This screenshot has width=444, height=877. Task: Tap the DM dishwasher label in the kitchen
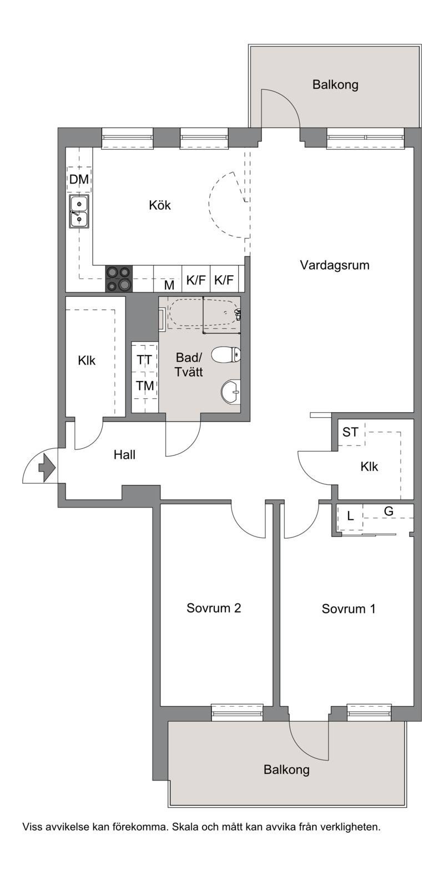[79, 180]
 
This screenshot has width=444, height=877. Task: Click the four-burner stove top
[119, 279]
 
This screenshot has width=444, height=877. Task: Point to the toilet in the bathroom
[226, 354]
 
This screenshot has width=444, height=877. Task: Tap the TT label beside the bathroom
[144, 359]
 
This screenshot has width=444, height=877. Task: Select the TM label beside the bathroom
[145, 386]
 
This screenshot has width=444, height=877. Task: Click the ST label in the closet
[350, 432]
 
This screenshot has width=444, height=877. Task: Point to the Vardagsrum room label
[335, 265]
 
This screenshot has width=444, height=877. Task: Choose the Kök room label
[160, 205]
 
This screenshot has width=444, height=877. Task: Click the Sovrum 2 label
[214, 608]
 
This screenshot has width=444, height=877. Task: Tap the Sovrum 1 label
[349, 609]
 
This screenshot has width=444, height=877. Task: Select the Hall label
[125, 454]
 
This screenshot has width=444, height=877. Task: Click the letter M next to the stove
[169, 285]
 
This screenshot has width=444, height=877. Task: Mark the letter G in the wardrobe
[389, 511]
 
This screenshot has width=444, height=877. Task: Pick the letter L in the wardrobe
[350, 516]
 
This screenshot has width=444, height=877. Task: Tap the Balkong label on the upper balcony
[335, 84]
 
